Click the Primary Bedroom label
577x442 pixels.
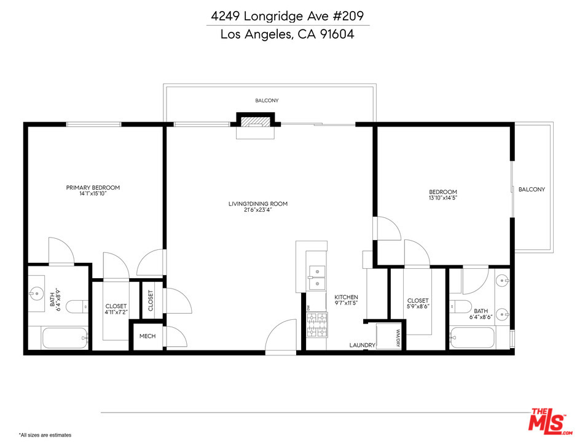93,187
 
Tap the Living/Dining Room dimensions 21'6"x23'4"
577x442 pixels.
257,211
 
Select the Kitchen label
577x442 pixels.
346,297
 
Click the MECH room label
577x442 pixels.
147,336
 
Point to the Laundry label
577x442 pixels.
362,345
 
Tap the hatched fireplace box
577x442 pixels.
256,122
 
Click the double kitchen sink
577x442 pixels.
316,277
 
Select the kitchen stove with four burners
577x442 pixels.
317,325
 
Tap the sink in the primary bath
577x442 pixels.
36,293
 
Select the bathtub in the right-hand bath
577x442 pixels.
472,338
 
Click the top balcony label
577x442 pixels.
267,101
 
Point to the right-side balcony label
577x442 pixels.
532,189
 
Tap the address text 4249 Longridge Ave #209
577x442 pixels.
288,16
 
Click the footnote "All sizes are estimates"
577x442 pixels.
45,435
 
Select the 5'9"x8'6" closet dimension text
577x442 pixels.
418,306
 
